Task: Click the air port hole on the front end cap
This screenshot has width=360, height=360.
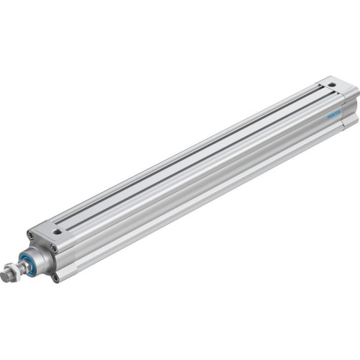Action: (57, 231)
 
